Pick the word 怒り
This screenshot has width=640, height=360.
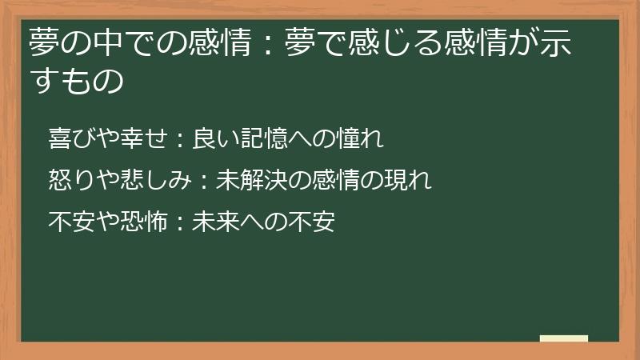click(x=70, y=181)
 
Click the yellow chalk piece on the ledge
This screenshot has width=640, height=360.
click(x=563, y=338)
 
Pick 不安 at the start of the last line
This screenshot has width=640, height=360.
click(x=70, y=222)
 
